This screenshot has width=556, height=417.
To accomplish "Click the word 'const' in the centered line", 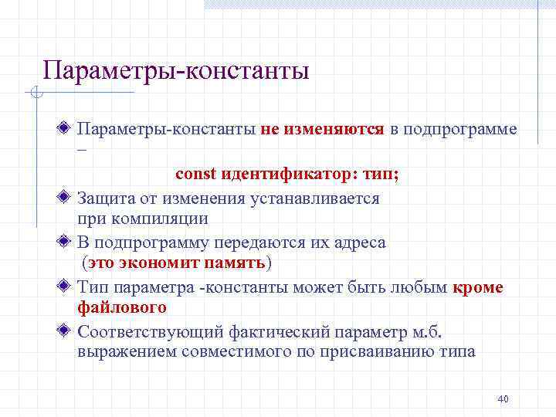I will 195,175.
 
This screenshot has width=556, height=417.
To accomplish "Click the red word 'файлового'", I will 122,307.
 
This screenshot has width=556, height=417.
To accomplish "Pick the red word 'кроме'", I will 478,287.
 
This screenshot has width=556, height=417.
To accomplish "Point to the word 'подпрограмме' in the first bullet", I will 453,129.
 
